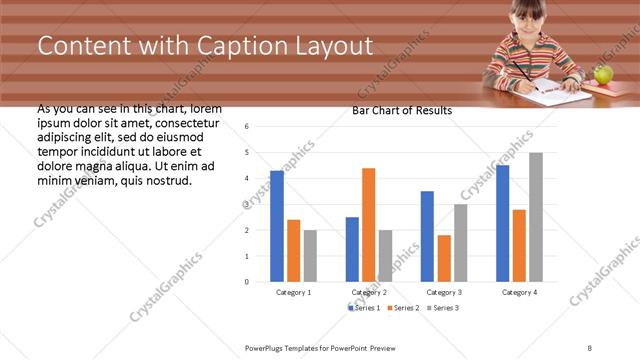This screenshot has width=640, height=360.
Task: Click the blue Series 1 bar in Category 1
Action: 277,226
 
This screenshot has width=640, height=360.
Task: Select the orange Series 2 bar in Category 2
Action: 368,225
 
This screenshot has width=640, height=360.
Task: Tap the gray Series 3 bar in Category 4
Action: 535,217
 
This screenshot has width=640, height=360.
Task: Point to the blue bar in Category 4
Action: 502,223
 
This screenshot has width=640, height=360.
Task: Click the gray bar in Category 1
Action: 310,255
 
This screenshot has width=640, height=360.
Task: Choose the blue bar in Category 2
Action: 352,249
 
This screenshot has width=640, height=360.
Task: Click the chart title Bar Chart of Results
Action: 402,111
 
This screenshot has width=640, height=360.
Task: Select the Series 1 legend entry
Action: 364,307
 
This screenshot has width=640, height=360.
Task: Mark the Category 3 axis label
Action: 444,292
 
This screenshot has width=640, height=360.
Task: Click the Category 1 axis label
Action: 293,292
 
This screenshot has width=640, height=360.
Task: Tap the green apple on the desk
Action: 602,74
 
